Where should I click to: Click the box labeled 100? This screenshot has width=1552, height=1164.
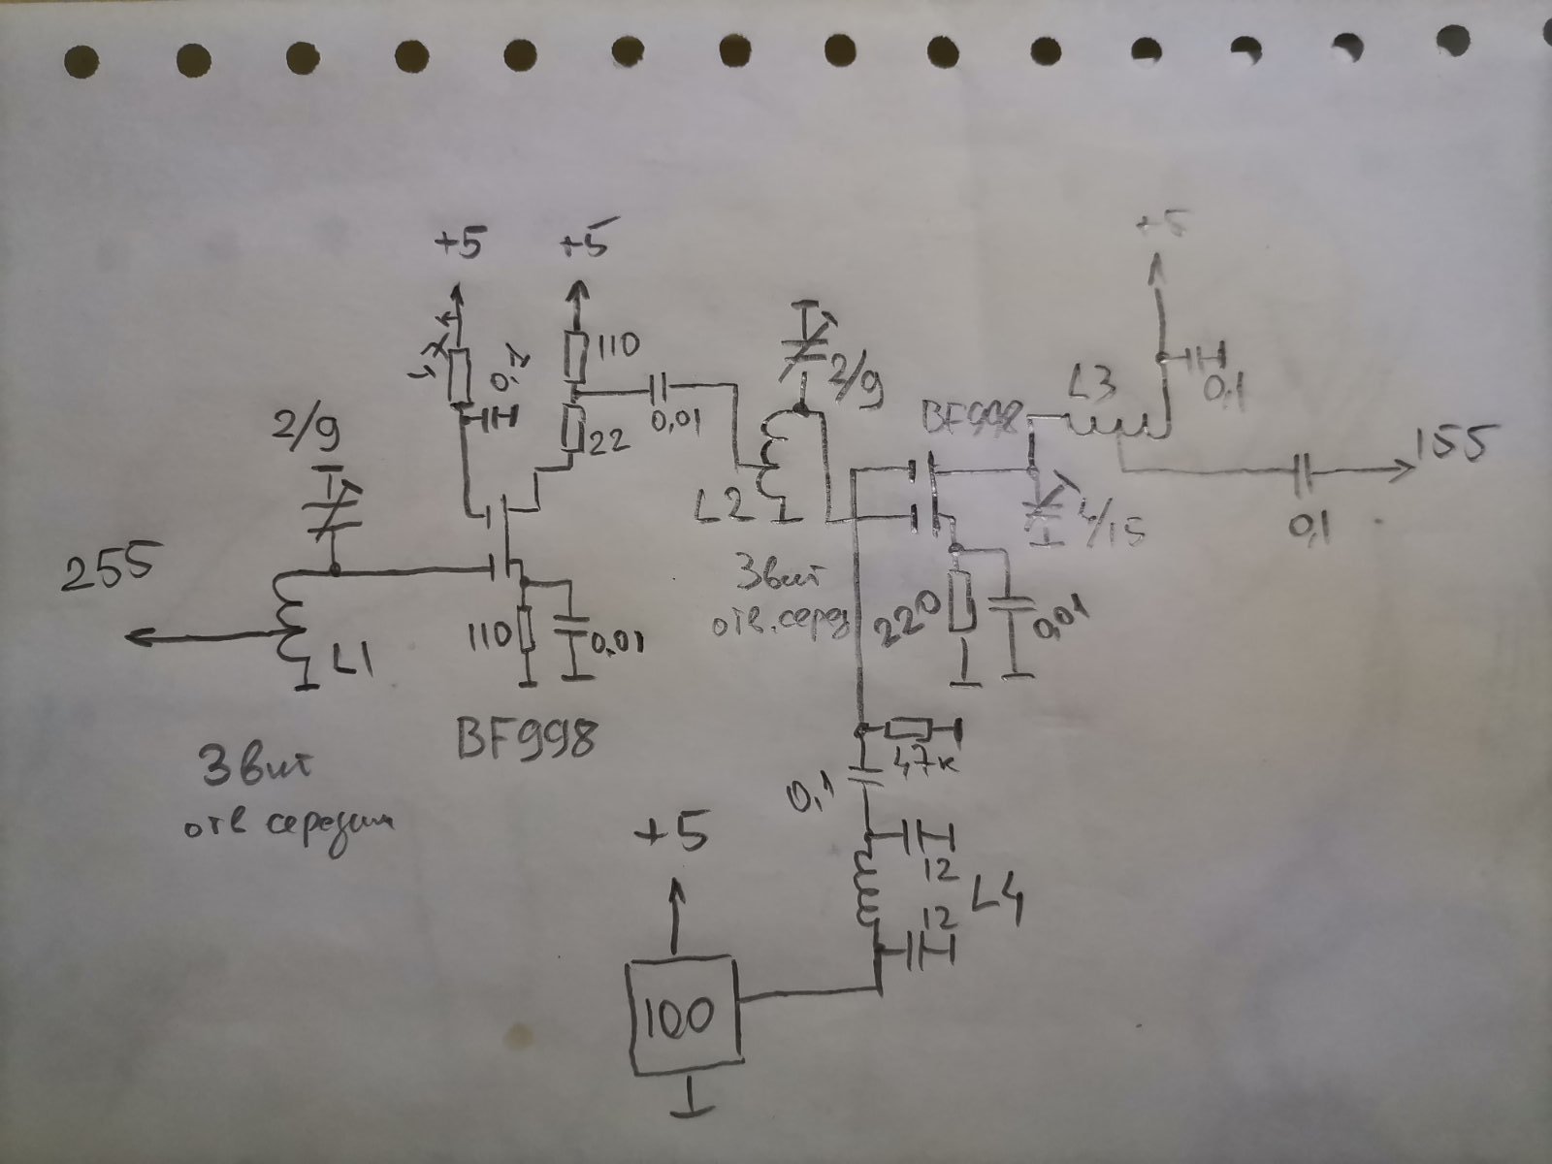(685, 1015)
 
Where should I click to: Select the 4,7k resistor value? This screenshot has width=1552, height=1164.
(927, 755)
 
